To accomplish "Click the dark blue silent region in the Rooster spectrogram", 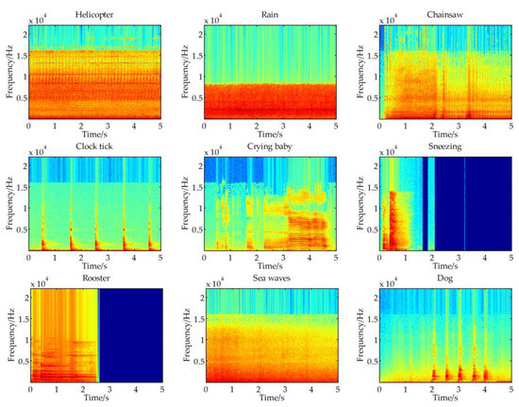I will [130, 335].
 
